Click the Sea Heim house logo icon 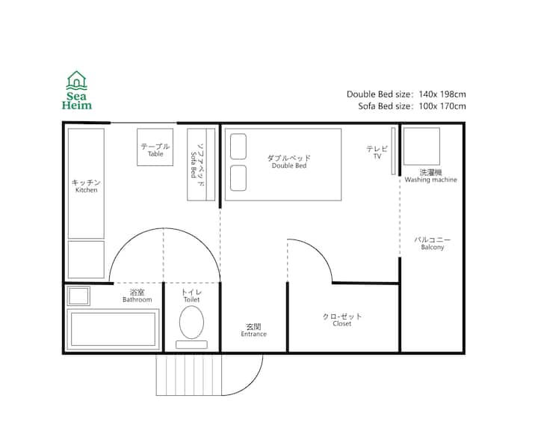click(x=76, y=80)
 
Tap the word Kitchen click(x=87, y=190)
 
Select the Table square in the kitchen click(x=155, y=147)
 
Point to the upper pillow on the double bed click(x=238, y=147)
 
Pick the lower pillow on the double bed click(x=238, y=178)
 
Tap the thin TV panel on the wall click(x=393, y=151)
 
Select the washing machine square click(x=421, y=147)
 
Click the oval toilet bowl click(x=191, y=323)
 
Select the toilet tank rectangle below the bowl click(x=191, y=344)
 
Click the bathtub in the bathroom click(x=114, y=329)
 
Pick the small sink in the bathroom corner click(x=78, y=296)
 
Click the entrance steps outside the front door click(x=189, y=375)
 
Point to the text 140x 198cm click(x=442, y=94)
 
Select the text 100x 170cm click(x=442, y=106)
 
